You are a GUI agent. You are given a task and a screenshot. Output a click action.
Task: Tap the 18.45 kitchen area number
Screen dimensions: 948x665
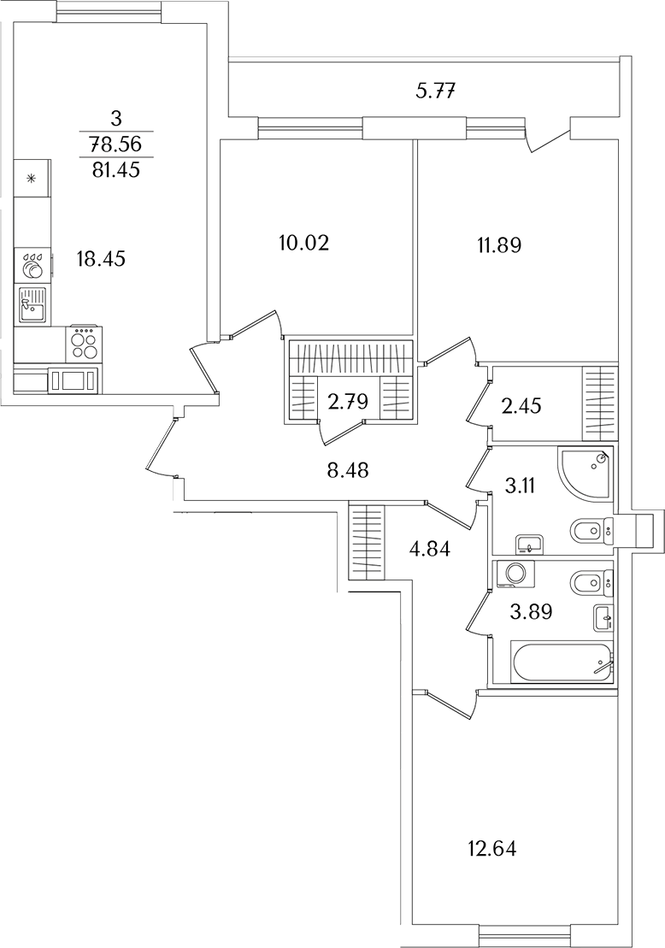[101, 259]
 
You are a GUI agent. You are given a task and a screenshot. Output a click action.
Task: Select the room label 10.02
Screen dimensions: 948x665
[303, 243]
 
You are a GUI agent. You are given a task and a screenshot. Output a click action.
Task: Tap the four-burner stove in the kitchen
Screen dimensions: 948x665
[84, 344]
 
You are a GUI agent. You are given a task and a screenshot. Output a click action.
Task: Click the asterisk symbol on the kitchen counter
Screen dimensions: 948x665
[32, 179]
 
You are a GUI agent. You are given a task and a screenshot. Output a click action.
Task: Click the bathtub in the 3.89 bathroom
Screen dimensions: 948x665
[562, 663]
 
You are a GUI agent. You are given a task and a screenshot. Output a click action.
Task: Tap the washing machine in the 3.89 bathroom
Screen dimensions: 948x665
[515, 574]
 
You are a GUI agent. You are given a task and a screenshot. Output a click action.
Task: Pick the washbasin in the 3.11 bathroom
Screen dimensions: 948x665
[530, 544]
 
